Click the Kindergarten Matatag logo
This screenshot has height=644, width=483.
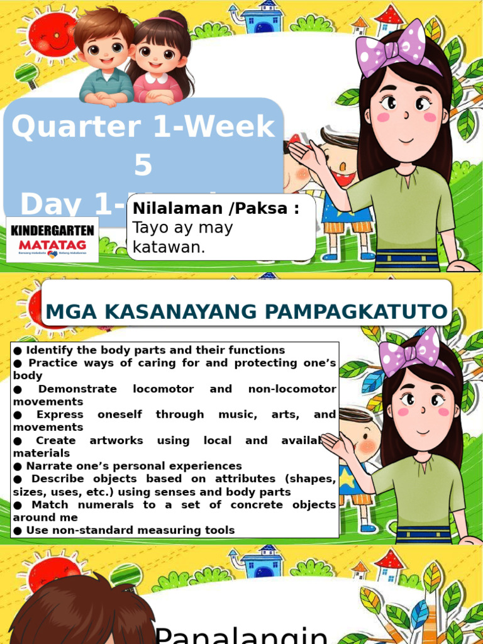click(x=52, y=239)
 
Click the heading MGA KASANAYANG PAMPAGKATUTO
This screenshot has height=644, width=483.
click(x=247, y=311)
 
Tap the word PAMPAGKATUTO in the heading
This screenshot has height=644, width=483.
click(x=370, y=311)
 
